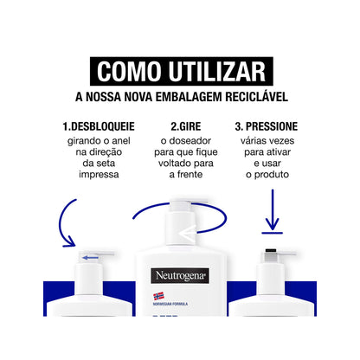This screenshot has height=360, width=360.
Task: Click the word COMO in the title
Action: tap(129, 71)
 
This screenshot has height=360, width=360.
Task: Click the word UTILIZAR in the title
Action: tap(217, 71)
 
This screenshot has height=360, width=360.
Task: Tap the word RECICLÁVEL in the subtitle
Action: tap(256, 96)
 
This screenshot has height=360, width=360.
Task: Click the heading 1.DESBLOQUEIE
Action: tap(99, 126)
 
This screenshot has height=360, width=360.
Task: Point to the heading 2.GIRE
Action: tap(186, 126)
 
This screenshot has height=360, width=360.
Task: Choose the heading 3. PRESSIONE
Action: tap(267, 126)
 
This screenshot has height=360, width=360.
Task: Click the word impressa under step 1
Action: tap(99, 175)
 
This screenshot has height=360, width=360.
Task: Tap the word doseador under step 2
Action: tap(190, 141)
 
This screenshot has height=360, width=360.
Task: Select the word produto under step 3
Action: tap(272, 175)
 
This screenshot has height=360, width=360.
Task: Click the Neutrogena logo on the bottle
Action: tap(180, 276)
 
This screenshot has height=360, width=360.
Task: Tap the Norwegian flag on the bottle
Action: tap(158, 296)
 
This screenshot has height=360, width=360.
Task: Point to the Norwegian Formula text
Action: tap(170, 304)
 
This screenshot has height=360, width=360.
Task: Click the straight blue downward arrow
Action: tap(273, 209)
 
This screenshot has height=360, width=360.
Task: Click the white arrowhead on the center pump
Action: tap(187, 234)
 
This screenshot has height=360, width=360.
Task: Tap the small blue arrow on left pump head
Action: tap(90, 257)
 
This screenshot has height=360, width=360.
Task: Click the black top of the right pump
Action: tap(271, 250)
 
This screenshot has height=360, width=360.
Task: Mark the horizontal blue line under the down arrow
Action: tap(273, 233)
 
